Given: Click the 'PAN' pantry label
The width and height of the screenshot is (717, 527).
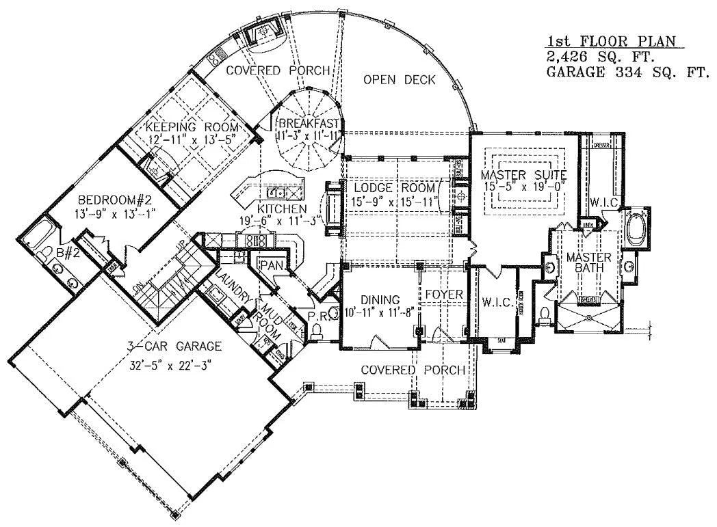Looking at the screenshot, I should point(266,264).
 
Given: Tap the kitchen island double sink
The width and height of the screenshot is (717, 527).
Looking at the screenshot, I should point(277,192).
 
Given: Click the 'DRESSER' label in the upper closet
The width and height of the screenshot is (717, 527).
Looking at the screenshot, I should point(602,145).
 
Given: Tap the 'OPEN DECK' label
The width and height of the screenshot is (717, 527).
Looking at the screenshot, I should point(399,80).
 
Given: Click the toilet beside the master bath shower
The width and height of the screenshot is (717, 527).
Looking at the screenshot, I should point(545,316).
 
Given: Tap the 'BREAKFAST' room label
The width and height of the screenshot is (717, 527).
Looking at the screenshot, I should point(307,123).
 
